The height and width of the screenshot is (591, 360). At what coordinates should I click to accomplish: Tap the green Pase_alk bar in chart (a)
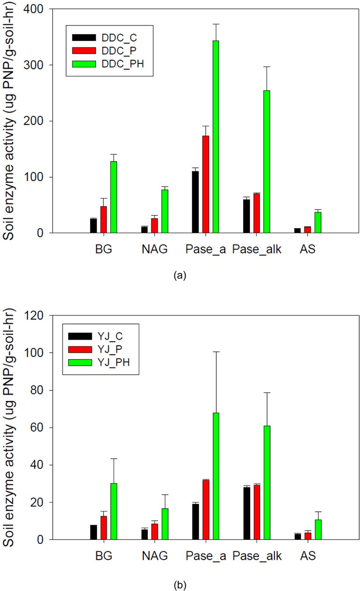267,162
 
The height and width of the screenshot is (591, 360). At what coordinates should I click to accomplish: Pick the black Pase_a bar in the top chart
195,202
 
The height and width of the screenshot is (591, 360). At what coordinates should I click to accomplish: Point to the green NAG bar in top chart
165,211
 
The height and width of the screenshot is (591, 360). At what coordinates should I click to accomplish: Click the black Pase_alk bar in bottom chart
247,513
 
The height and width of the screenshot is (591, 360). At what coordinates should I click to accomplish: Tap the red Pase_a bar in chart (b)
206,510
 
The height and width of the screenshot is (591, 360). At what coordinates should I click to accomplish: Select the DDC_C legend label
119,38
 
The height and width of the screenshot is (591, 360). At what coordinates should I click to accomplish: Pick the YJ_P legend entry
110,349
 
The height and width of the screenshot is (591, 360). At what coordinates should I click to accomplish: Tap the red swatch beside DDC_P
84,51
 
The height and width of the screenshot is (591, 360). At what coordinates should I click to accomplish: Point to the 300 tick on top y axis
33,65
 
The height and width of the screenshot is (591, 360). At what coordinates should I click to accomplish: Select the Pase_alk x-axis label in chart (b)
257,556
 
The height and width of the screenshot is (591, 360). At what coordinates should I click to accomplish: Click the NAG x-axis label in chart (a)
154,249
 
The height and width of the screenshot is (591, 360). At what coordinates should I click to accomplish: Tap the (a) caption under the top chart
180,275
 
